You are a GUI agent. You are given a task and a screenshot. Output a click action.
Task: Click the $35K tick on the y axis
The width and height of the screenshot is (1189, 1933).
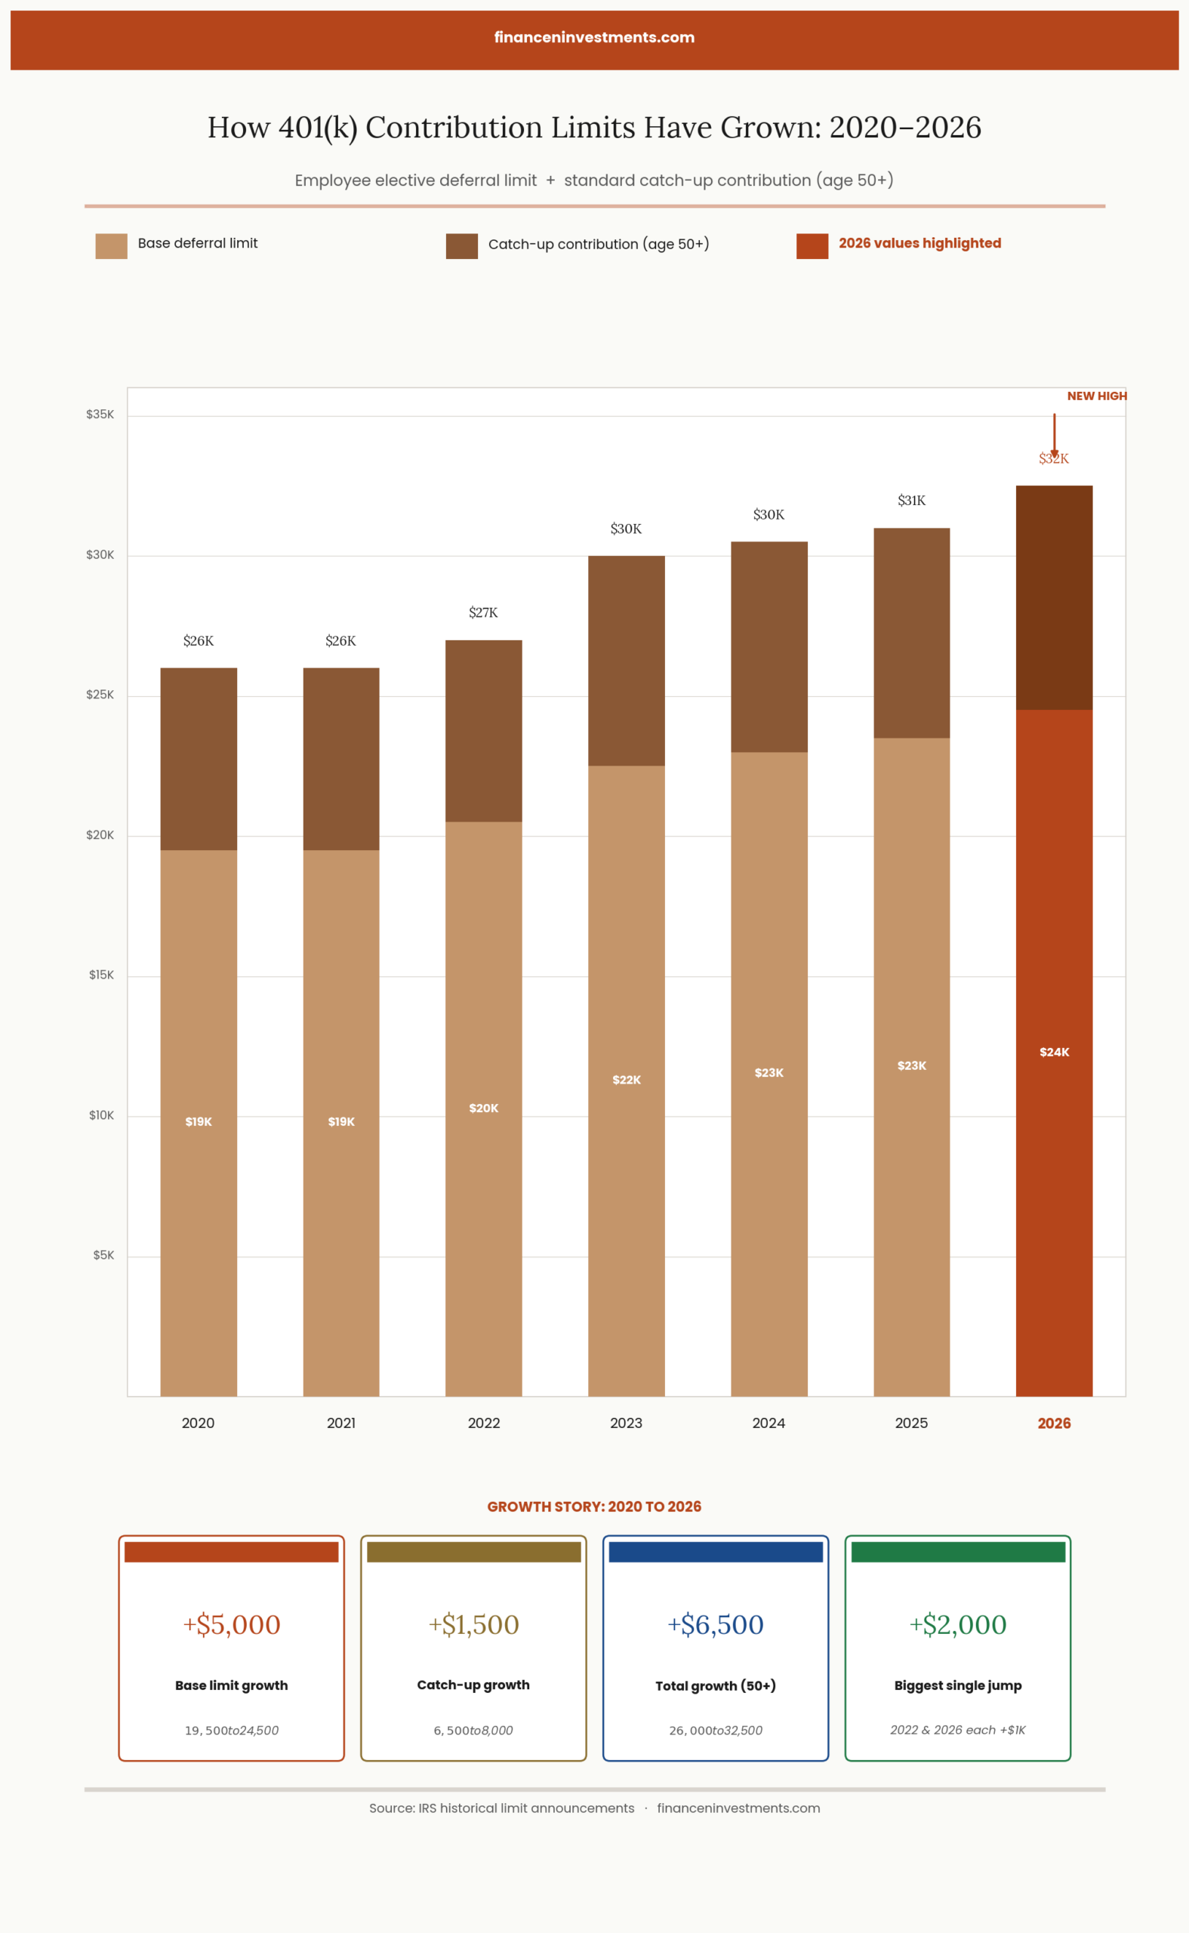coord(100,415)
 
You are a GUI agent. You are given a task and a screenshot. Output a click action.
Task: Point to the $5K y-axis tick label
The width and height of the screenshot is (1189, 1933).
coord(103,1255)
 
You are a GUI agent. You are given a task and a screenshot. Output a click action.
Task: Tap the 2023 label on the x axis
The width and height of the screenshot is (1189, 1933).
coord(626,1423)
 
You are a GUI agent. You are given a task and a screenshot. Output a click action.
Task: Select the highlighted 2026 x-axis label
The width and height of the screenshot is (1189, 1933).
coord(1054,1423)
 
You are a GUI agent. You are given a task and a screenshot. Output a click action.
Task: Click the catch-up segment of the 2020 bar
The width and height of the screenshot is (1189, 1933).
coord(198,759)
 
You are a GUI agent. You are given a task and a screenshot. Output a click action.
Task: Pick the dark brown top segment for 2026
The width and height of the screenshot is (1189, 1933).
coord(1054,598)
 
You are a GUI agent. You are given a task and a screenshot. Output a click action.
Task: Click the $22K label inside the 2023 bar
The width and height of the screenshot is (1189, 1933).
coord(626,1080)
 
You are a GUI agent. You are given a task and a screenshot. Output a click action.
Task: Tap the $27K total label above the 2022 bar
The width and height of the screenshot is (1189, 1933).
coord(483,612)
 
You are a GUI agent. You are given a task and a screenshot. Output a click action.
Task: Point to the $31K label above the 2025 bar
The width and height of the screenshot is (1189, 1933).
coord(911,500)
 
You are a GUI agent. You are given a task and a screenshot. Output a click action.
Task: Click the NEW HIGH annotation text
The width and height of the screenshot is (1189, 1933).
coord(1096,396)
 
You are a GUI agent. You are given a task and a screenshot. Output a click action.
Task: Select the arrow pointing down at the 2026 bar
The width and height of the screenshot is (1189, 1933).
coord(1055,435)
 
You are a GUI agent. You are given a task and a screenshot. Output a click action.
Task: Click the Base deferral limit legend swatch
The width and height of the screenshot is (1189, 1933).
coord(111,246)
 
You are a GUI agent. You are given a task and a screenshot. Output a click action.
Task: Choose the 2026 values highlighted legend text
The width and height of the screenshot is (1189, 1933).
coord(919,243)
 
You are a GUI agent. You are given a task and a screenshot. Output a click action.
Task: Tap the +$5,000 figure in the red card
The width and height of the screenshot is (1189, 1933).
coord(231,1625)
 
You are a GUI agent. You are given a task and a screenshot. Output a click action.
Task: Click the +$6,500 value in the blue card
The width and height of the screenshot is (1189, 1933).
coord(716,1625)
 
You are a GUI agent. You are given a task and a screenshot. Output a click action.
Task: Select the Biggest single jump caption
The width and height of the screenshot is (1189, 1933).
coord(958,1685)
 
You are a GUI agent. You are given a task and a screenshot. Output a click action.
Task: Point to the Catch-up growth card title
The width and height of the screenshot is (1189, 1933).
coord(473,1685)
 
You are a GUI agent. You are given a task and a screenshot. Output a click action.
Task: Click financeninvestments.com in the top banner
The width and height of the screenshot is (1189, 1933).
coord(595,37)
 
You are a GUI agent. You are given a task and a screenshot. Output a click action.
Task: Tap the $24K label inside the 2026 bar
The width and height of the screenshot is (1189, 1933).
coord(1054,1053)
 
